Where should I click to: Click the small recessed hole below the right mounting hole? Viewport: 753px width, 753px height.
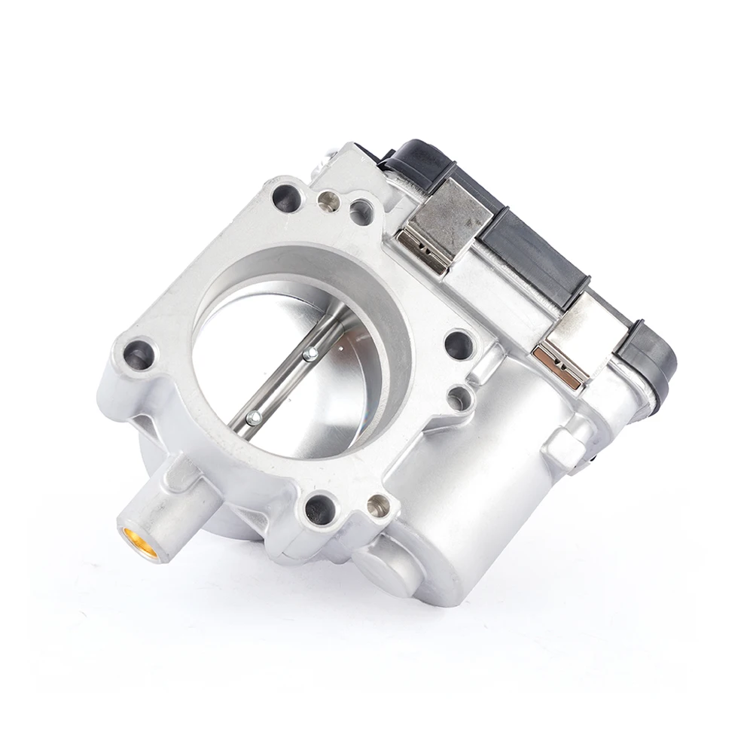(458, 398)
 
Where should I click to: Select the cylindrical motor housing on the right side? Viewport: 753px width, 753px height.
(482, 482)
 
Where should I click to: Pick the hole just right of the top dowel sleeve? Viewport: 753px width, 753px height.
(361, 211)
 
